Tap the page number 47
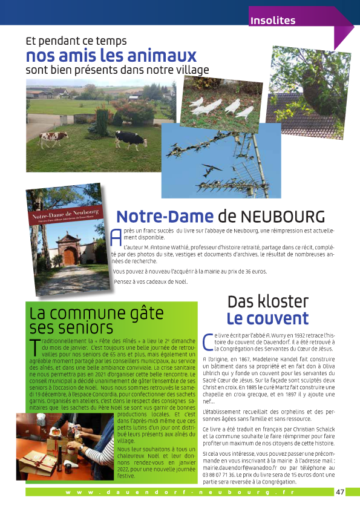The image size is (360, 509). point(340,492)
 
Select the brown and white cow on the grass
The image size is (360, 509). point(53,139)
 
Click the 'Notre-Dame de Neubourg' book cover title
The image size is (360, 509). point(63,214)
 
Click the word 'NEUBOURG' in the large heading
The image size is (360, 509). point(283,217)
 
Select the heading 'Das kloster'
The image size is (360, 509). point(268,301)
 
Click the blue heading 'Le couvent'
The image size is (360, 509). point(267,318)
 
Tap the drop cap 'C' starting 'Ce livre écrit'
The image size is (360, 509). point(209,341)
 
